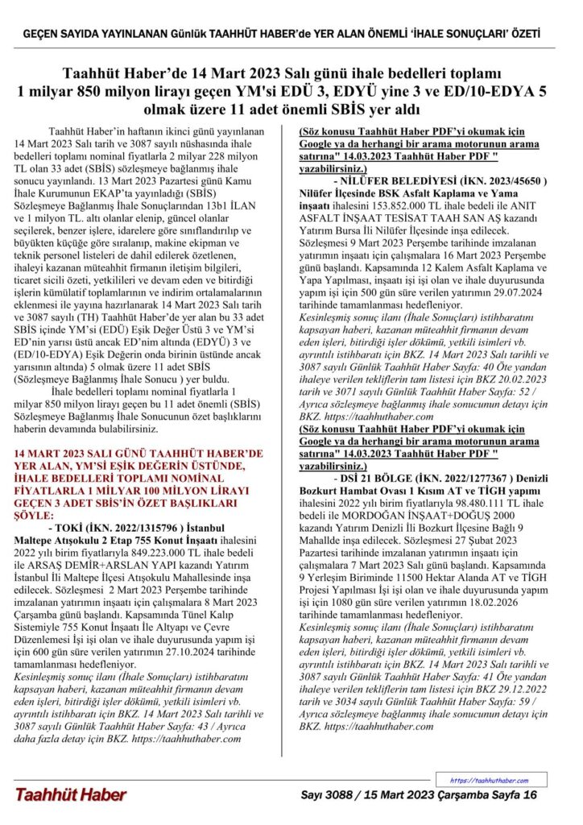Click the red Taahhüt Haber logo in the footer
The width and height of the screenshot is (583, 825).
pyautogui.click(x=70, y=795)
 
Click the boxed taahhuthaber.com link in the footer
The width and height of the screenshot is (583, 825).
pyautogui.click(x=489, y=781)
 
